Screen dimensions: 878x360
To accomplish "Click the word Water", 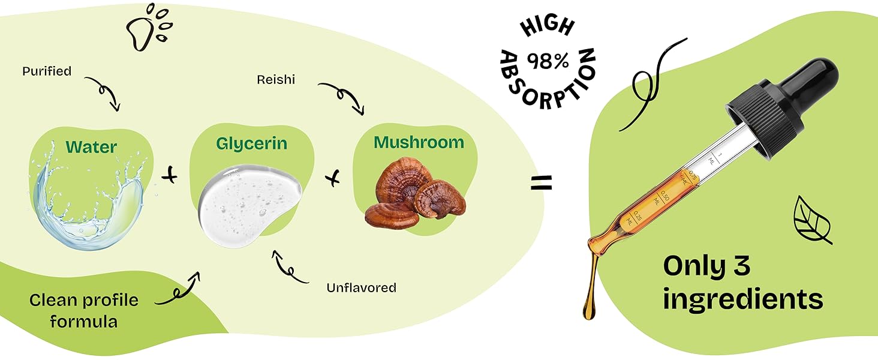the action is click(x=91, y=147).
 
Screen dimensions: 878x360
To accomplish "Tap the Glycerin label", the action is click(x=251, y=144).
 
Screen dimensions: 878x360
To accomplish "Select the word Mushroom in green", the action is click(x=419, y=143).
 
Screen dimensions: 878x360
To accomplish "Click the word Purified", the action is click(x=47, y=71).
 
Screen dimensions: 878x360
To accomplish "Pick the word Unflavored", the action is click(x=361, y=288).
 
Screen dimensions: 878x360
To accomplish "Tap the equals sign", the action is click(x=541, y=183).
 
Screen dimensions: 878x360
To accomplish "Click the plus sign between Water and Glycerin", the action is click(x=171, y=176).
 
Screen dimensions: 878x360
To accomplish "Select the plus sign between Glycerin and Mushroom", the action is click(x=334, y=178).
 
